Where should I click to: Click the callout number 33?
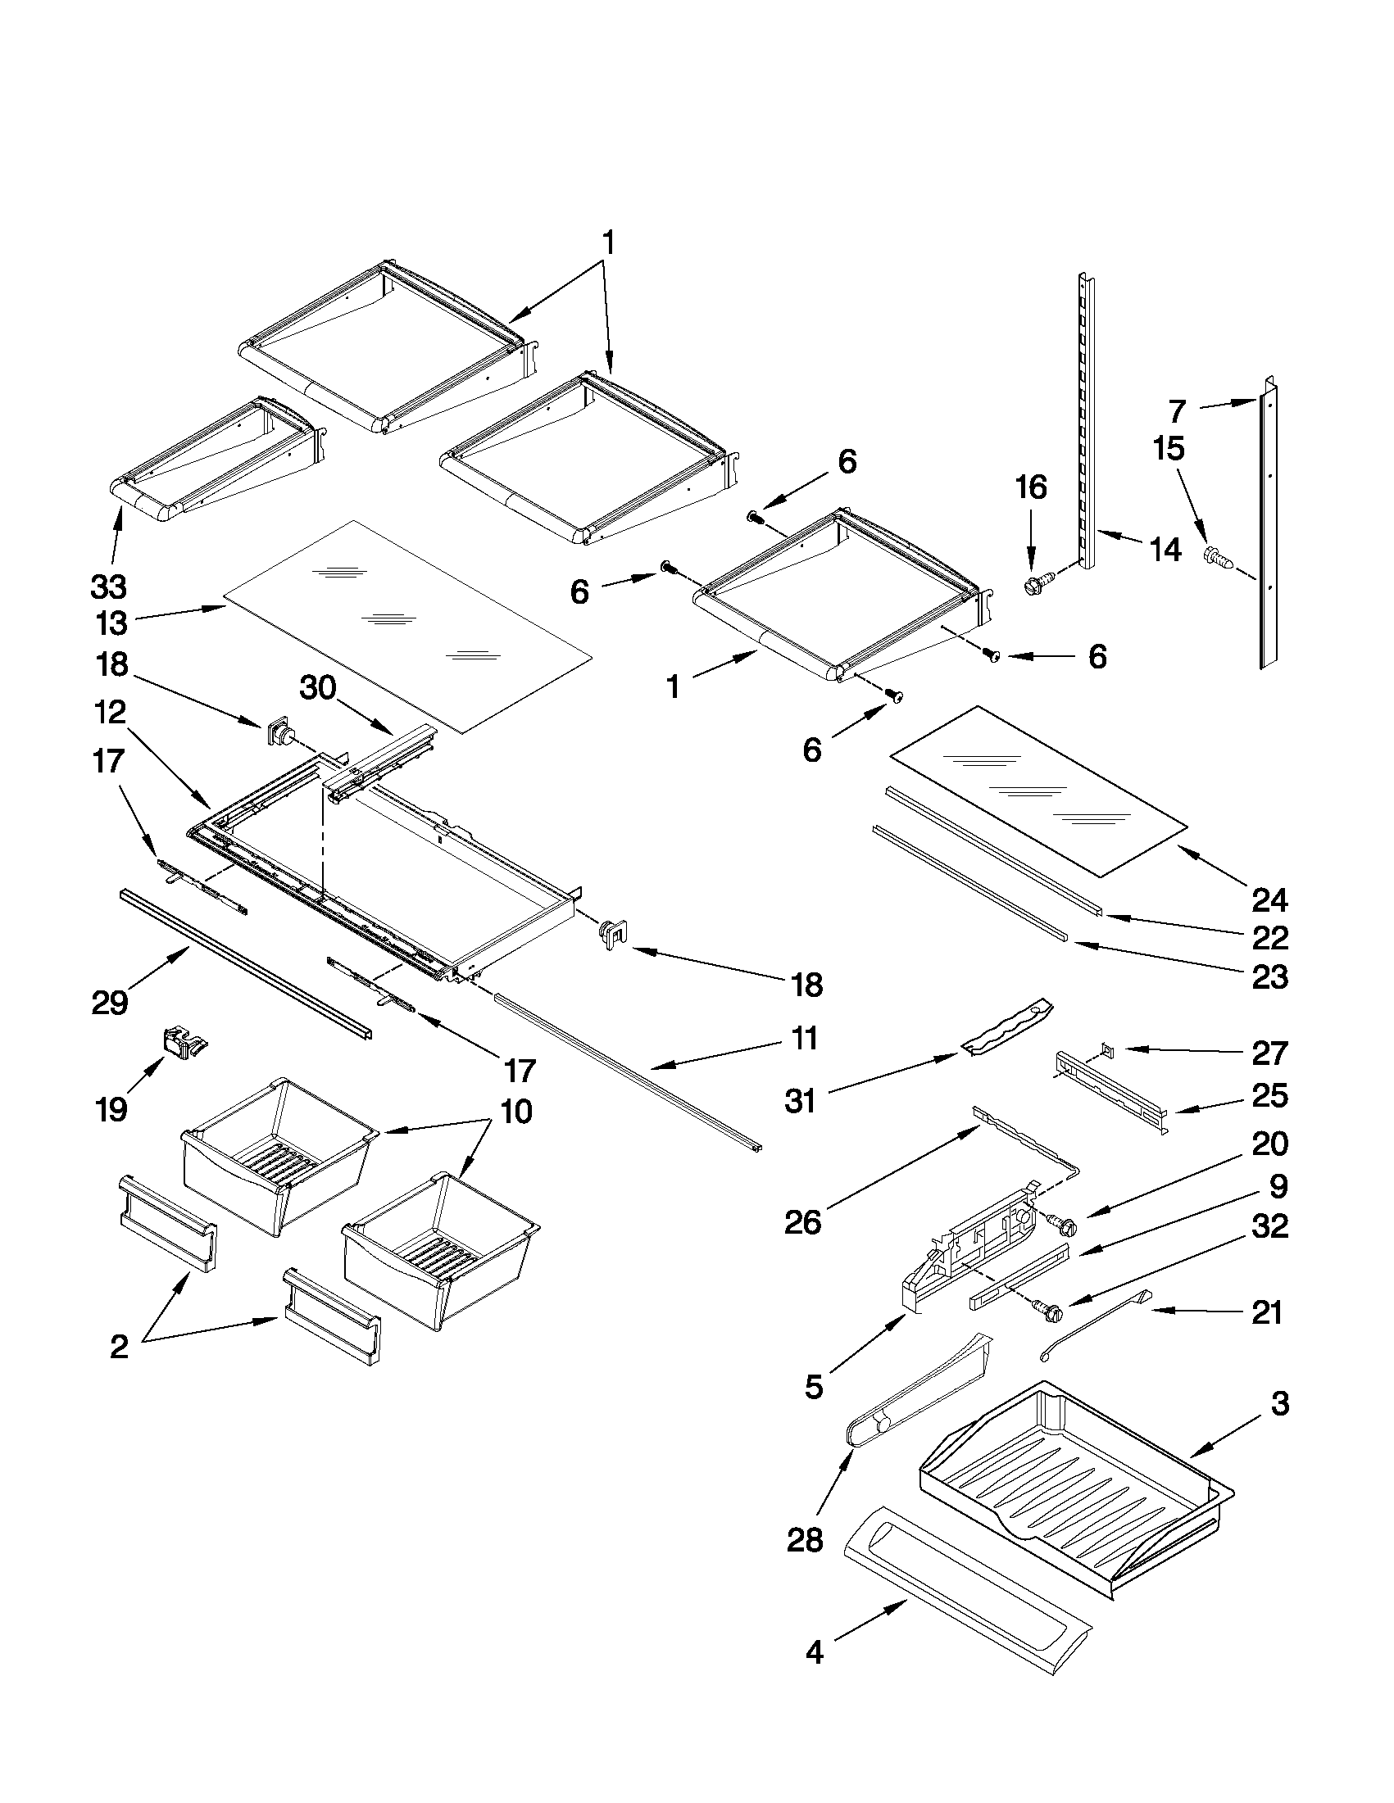(x=108, y=587)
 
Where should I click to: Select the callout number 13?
(x=111, y=623)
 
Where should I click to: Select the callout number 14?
(x=1165, y=549)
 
